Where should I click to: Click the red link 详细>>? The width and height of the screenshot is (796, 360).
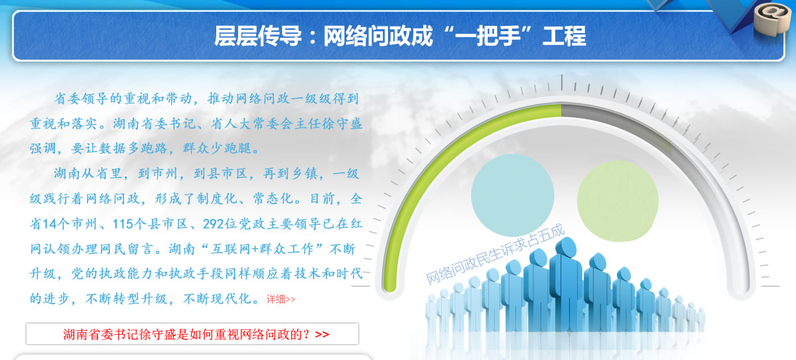click(x=281, y=299)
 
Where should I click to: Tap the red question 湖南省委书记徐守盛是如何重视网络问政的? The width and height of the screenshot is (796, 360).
click(x=187, y=334)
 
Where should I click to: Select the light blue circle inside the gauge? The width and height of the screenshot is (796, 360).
click(x=512, y=195)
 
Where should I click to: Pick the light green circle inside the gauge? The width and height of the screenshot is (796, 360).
click(x=618, y=201)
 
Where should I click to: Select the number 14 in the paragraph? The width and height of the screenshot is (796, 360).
click(x=49, y=224)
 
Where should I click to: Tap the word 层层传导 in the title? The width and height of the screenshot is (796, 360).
click(x=258, y=36)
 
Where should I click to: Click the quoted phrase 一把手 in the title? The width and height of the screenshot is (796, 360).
click(x=488, y=36)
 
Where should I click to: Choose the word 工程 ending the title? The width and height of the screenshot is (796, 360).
click(x=564, y=36)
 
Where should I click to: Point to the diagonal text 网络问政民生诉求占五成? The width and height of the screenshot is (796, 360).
click(x=495, y=254)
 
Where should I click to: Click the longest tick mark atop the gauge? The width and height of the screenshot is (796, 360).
click(x=561, y=82)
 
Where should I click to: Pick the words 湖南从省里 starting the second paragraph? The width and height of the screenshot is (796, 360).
click(x=88, y=174)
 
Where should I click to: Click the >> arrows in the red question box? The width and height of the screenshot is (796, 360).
click(x=322, y=334)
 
